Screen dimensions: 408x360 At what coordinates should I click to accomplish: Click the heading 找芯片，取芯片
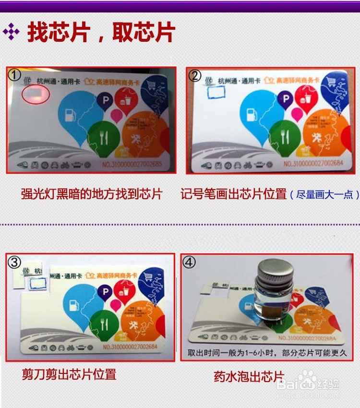pyautogui.click(x=101, y=33)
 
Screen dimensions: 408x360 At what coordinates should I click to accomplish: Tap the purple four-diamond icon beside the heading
pyautogui.click(x=11, y=33)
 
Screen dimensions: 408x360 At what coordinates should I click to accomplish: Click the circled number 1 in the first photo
pyautogui.click(x=15, y=74)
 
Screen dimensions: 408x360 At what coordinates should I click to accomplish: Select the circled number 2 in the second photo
pyautogui.click(x=194, y=75)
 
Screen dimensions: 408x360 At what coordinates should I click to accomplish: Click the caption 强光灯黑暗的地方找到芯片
pyautogui.click(x=92, y=194)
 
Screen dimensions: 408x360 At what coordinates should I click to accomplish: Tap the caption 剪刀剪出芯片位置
pyautogui.click(x=69, y=374)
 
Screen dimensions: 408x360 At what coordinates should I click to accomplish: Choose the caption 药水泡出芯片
pyautogui.click(x=249, y=376)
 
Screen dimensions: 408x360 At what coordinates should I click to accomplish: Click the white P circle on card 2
pyautogui.click(x=287, y=99)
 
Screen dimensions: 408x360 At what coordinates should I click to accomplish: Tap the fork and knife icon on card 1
pyautogui.click(x=104, y=136)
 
